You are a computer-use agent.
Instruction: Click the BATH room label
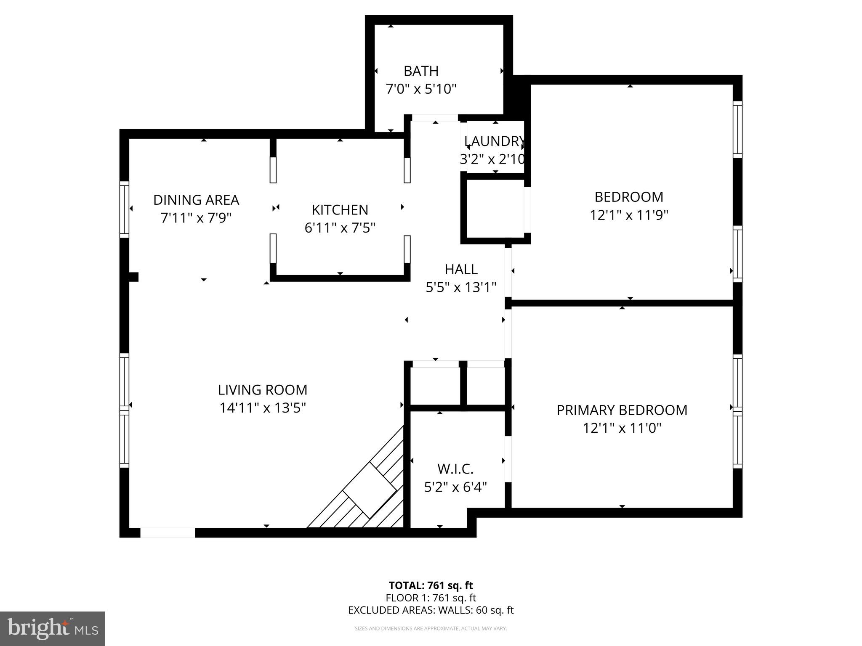pos(421,71)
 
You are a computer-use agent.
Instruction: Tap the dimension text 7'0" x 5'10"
pos(421,89)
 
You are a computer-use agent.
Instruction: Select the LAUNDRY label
pos(495,141)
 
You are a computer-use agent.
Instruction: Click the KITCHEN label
pos(340,209)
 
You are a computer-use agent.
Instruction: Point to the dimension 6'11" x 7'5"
pos(340,228)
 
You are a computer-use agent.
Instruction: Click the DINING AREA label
pos(196,200)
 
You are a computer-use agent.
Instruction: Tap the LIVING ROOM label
pos(262,390)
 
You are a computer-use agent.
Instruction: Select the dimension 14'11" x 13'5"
pos(262,408)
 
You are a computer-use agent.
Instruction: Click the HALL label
pos(461,269)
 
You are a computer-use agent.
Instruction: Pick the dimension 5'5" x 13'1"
pos(461,288)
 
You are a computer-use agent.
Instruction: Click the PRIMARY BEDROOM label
pos(622,410)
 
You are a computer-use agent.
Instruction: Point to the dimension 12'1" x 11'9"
pos(629,215)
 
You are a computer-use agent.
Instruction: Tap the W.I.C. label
pos(455,469)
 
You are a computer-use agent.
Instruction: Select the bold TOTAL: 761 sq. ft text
pos(431,585)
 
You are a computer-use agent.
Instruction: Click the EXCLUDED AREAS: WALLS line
pos(431,610)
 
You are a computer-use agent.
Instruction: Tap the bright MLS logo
pos(53,628)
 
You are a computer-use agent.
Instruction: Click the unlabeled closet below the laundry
pos(495,208)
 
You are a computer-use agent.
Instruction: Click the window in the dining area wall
pos(124,209)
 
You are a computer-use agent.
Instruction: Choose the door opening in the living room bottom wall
pos(168,532)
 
